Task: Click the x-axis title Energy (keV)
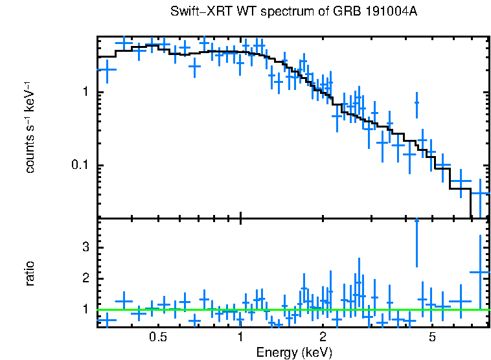(x=294, y=352)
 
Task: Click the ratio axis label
(x=30, y=273)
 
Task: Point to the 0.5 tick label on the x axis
(x=157, y=337)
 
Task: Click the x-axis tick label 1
(x=240, y=337)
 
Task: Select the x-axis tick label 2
(x=323, y=337)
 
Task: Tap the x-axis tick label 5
(x=432, y=337)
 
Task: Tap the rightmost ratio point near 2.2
(x=479, y=273)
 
